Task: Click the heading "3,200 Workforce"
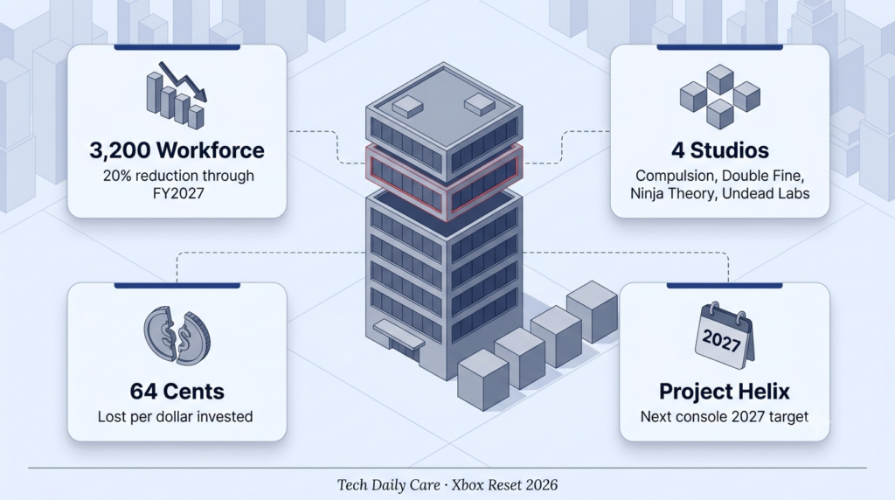click(x=177, y=150)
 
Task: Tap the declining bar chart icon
click(x=177, y=94)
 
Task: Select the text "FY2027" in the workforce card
click(x=178, y=193)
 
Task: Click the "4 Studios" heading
click(x=720, y=150)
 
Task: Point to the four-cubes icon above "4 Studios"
click(x=720, y=96)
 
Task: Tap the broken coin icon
click(x=177, y=337)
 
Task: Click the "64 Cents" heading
click(x=177, y=392)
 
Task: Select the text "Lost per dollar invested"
click(x=175, y=417)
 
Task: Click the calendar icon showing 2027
click(x=724, y=337)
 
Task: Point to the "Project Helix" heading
click(x=725, y=392)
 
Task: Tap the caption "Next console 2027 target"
click(x=725, y=417)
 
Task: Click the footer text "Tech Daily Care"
click(x=388, y=485)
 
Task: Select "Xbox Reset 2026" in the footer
click(x=504, y=485)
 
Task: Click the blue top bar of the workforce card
click(x=177, y=47)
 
